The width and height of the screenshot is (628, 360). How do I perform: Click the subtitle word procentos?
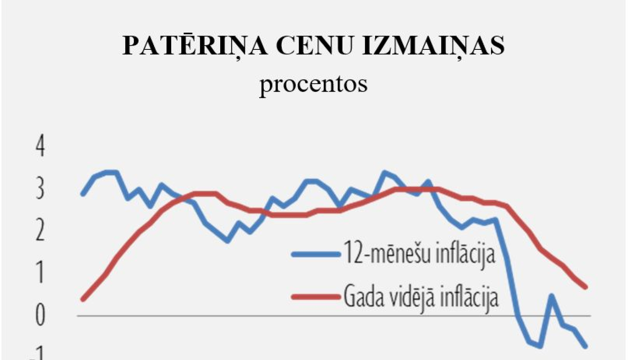tap(313, 84)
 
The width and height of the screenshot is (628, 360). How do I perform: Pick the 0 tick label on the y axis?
tap(40, 315)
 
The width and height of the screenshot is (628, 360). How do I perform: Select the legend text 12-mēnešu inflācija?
tap(419, 254)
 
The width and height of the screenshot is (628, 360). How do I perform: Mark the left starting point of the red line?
tap(83, 299)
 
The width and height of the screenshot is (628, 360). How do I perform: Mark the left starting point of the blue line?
tap(83, 194)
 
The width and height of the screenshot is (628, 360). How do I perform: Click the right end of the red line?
tap(585, 287)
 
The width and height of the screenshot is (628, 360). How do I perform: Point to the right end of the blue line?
tap(585, 346)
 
